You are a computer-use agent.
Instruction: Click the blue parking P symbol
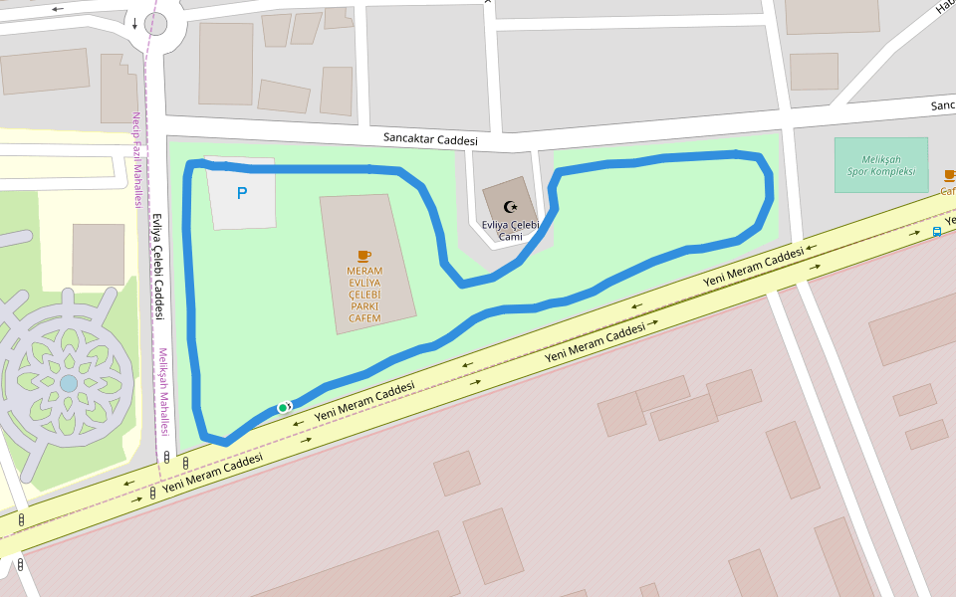coord(241,193)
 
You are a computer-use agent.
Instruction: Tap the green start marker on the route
coord(283,407)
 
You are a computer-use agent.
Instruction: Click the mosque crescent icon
coord(512,206)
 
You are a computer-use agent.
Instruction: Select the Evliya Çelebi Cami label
coord(510,230)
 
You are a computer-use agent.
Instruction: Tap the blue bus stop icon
coord(937,232)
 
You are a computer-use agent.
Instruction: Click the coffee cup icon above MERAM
coord(364,256)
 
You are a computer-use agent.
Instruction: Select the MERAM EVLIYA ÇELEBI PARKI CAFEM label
coord(364,294)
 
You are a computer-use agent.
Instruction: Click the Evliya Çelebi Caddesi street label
coord(157,266)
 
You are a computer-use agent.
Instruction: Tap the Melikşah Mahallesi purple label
coord(163,392)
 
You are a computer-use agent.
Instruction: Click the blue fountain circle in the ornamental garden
coord(68,383)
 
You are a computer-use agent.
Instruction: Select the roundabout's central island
coord(155,24)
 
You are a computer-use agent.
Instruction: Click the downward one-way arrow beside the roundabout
coord(134,22)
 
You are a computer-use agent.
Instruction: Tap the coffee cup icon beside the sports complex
coord(949,176)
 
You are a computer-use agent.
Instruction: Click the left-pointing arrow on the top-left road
coord(57,9)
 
